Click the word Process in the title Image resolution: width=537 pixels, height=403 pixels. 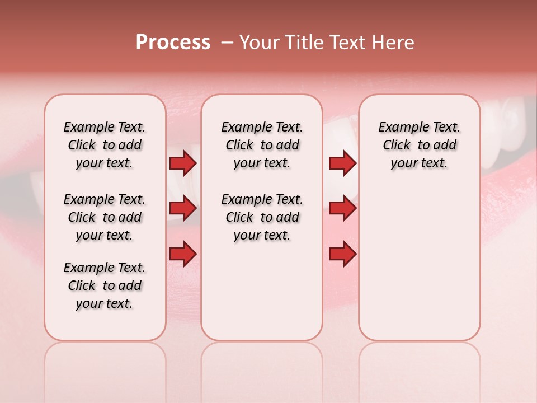173,43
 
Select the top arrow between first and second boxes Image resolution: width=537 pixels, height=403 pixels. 182,163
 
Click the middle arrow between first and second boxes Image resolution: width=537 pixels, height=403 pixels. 182,208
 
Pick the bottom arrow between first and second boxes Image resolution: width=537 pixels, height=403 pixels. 182,254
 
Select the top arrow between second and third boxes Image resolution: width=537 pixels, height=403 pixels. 342,163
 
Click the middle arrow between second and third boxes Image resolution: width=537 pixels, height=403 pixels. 342,208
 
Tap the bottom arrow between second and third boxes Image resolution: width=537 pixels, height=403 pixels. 342,254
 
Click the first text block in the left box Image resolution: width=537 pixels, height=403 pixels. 105,145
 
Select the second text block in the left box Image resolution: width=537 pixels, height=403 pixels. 105,217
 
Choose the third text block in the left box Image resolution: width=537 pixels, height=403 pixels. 105,285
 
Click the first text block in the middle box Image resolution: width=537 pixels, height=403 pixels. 262,145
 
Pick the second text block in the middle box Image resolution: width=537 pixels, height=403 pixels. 262,217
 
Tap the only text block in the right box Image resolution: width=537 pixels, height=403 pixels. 419,145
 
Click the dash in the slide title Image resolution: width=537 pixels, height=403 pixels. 227,43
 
